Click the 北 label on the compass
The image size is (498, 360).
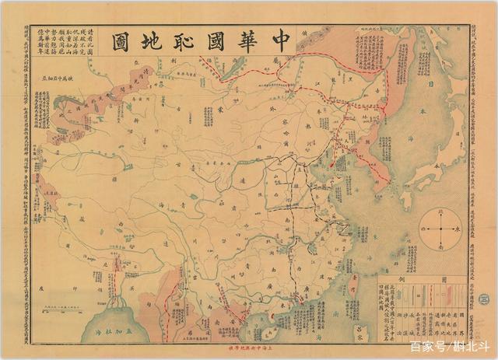click(440, 211)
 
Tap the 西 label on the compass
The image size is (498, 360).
click(423, 229)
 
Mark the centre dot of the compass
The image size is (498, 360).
click(440, 229)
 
